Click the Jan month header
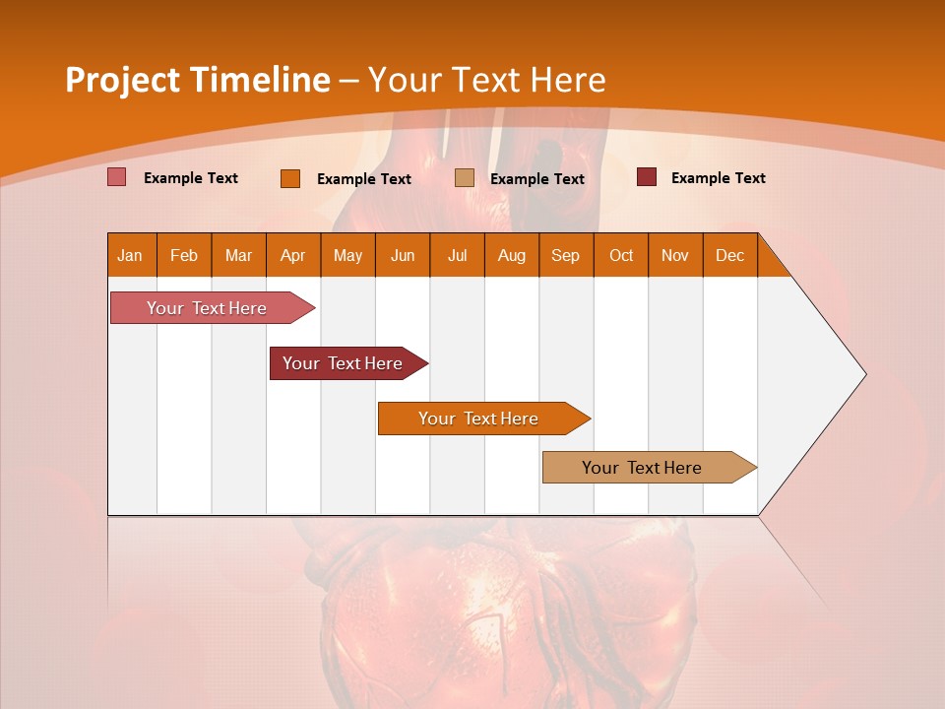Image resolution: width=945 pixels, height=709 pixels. tap(131, 255)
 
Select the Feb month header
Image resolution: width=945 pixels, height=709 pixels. tap(184, 255)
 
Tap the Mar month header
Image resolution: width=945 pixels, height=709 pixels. tap(238, 255)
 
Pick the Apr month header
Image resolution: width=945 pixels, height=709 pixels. tap(293, 255)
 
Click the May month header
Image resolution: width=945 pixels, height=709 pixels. tap(347, 255)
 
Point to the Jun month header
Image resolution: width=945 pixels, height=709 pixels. tap(403, 255)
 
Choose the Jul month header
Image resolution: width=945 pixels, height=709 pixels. tap(457, 255)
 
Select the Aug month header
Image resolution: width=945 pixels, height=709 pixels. tap(512, 255)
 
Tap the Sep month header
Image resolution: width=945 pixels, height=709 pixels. tap(566, 255)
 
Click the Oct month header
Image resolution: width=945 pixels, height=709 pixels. tap(621, 255)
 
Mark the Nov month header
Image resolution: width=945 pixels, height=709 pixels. tap(675, 255)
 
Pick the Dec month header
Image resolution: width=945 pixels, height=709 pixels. tap(730, 255)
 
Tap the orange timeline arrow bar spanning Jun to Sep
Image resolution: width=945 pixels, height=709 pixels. tap(479, 419)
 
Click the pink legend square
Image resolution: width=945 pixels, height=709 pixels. tap(117, 177)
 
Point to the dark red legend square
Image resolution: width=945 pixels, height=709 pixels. tap(647, 177)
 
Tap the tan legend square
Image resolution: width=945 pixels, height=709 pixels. tap(465, 177)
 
